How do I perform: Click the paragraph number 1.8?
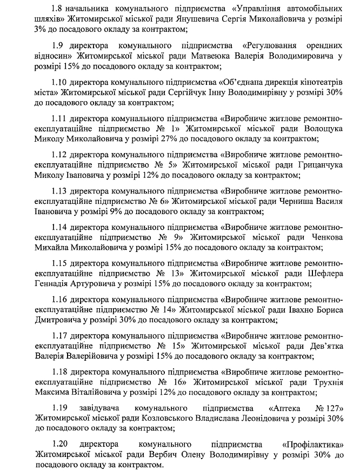click(57, 9)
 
